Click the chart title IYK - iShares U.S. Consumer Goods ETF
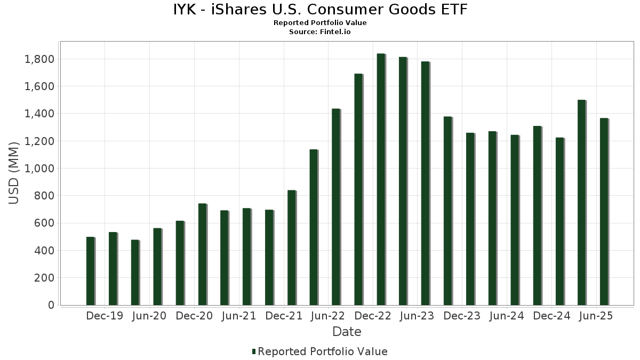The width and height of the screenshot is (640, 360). click(320, 10)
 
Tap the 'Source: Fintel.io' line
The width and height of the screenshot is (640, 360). click(320, 32)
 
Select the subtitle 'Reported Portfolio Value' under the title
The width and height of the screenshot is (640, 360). click(320, 23)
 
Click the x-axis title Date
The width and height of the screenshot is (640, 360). click(347, 332)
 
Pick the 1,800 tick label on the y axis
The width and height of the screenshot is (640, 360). click(39, 59)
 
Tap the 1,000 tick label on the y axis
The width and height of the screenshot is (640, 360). click(39, 169)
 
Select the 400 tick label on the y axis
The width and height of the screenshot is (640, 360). click(44, 251)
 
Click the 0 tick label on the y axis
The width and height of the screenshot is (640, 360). click(51, 305)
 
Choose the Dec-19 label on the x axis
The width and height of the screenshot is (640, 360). click(105, 316)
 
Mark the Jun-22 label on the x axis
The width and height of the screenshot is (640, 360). click(328, 316)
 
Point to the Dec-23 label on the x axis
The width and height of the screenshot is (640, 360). click(462, 316)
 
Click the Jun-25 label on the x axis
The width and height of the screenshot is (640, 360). click(596, 316)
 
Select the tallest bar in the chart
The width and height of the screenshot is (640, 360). click(381, 179)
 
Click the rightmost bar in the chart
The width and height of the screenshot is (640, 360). click(604, 212)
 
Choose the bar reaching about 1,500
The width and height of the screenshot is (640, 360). click(581, 203)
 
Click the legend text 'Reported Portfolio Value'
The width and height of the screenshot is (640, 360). click(323, 351)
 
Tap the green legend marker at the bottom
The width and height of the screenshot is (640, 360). click(254, 351)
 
